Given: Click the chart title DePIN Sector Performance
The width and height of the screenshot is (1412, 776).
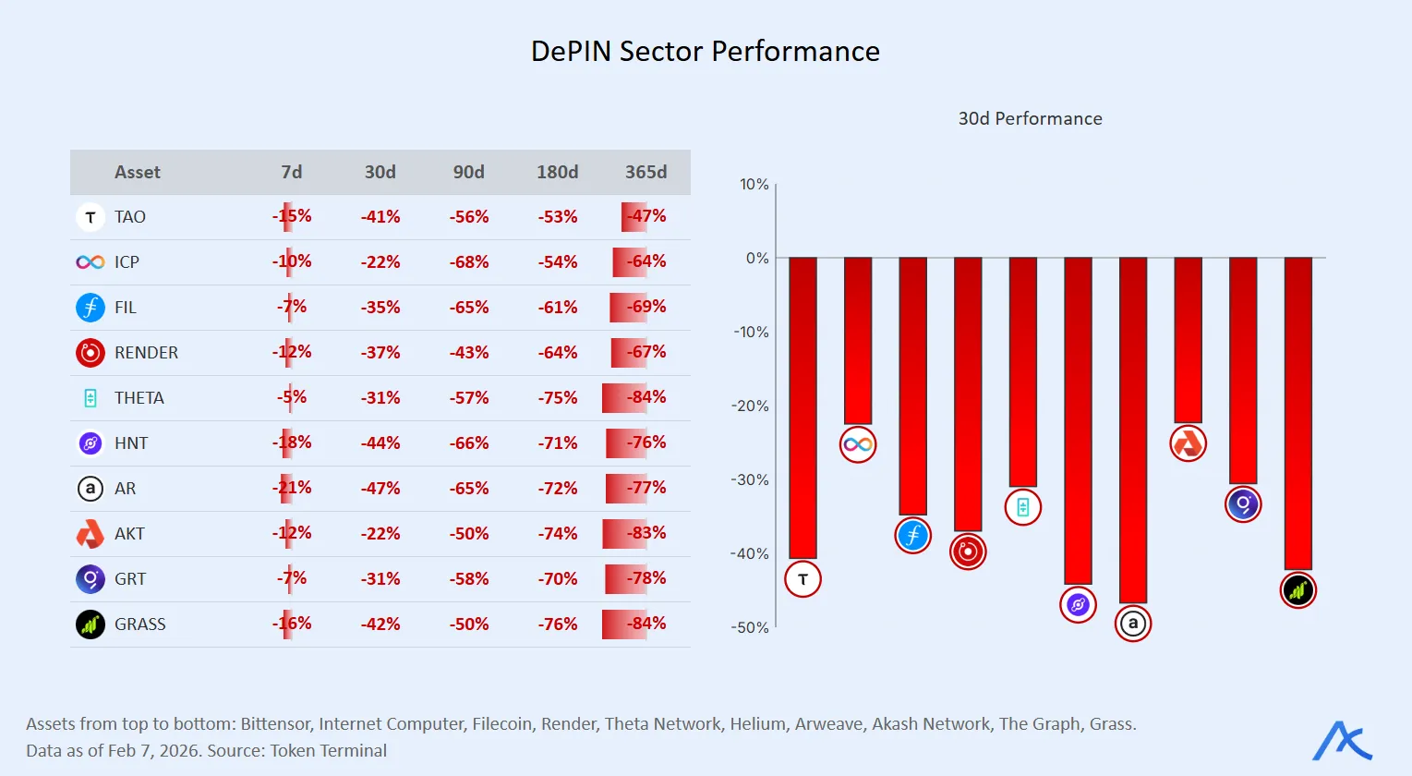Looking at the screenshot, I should click(x=705, y=51).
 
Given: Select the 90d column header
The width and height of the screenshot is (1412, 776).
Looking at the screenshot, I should click(x=468, y=172).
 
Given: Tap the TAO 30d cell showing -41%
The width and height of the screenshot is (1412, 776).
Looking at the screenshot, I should click(x=380, y=217).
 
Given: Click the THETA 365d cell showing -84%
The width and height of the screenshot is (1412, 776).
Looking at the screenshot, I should click(x=646, y=397).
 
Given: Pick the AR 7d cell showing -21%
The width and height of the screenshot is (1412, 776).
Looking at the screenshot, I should click(x=292, y=488).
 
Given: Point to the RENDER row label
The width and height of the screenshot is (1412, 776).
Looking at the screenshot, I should click(x=146, y=353).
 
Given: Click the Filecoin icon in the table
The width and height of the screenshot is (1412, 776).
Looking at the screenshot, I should click(x=90, y=307).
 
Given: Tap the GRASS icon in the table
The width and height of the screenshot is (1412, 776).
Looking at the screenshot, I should click(x=90, y=624).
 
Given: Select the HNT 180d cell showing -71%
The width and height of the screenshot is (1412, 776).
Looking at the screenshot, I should click(x=558, y=443).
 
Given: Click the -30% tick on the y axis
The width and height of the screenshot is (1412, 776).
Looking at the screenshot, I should click(x=750, y=479).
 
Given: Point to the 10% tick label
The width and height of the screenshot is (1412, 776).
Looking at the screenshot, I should click(x=754, y=185).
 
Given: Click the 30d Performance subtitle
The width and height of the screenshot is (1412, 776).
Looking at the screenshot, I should click(x=1030, y=118).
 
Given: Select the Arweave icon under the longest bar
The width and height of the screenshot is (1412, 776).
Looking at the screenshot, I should click(x=1133, y=624).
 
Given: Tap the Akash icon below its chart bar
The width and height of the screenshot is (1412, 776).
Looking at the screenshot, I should click(x=1188, y=443).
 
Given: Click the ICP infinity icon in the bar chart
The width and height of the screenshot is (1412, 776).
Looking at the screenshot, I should click(x=858, y=444).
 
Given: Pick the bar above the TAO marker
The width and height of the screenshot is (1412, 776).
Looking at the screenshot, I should click(x=803, y=406).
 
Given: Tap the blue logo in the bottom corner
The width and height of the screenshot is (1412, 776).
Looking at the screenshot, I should click(x=1342, y=741).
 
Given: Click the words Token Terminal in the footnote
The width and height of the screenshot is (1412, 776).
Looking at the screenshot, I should click(x=328, y=750).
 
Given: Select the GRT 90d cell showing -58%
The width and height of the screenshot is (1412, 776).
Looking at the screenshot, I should click(x=469, y=579).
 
